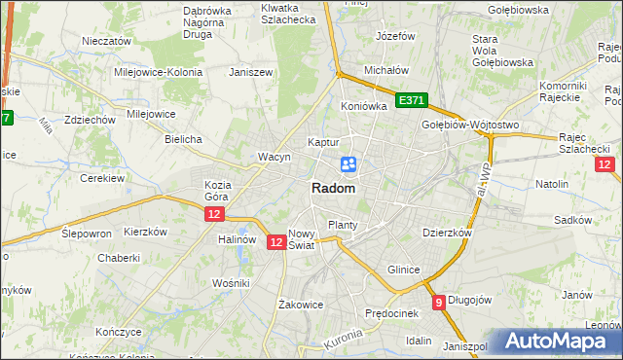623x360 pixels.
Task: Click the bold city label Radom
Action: click(x=333, y=189)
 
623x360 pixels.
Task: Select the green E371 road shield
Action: click(x=412, y=100)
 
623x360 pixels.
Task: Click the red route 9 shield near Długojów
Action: click(x=439, y=302)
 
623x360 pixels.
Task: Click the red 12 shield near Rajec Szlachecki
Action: click(x=605, y=164)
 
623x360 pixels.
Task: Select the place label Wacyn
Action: click(x=275, y=157)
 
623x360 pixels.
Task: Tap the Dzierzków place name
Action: click(x=447, y=234)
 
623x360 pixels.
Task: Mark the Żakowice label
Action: click(x=300, y=304)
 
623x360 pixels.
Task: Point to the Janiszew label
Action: click(x=249, y=72)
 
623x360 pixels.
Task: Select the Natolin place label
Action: click(x=551, y=183)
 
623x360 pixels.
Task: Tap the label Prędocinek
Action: click(x=391, y=313)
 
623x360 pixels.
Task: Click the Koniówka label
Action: click(x=364, y=106)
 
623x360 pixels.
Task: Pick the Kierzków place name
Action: click(x=146, y=233)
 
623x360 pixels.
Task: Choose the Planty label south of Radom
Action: click(x=343, y=225)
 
